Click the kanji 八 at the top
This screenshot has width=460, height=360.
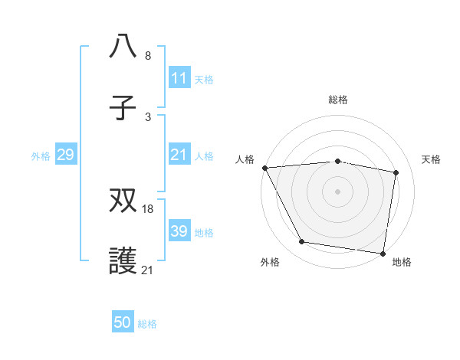[123, 46]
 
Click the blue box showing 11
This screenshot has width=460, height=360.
[179, 78]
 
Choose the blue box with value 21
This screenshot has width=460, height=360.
[179, 155]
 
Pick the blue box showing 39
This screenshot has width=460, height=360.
[179, 231]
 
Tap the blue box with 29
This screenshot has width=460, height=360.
[65, 155]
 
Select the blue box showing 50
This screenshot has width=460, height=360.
[123, 322]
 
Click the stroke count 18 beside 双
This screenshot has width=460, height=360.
[148, 208]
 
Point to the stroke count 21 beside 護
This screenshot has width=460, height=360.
[148, 270]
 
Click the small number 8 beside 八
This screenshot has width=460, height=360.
[148, 55]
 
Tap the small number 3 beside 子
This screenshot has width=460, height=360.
[148, 116]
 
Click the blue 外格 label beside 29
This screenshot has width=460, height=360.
[41, 155]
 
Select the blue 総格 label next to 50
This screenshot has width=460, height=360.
[147, 324]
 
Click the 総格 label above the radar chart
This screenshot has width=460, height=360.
[337, 100]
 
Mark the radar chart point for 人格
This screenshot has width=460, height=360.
[265, 168]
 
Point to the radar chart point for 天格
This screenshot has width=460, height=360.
[396, 172]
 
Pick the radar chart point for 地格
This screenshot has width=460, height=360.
[383, 253]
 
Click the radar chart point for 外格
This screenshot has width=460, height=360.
[302, 242]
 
